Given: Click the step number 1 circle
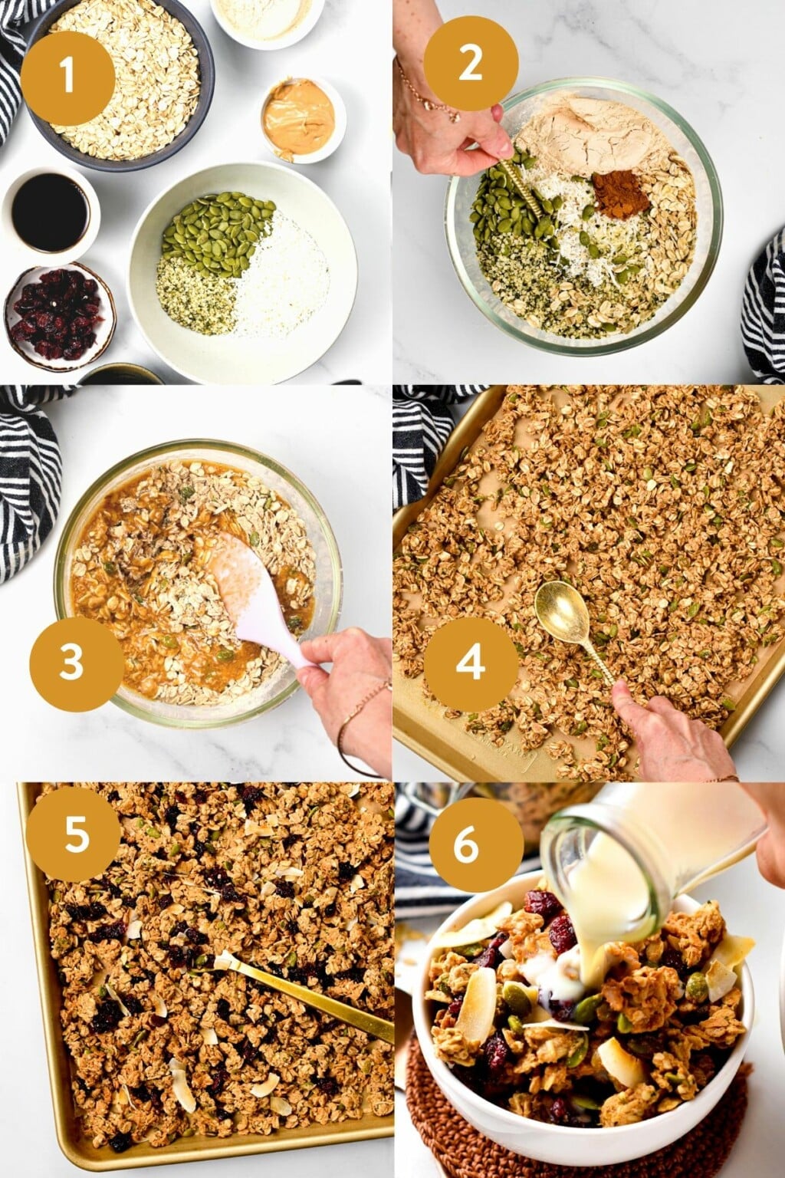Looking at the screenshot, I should pyautogui.click(x=67, y=77).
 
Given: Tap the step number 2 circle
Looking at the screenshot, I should pyautogui.click(x=469, y=63).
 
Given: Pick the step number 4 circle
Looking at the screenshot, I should pyautogui.click(x=471, y=660).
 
